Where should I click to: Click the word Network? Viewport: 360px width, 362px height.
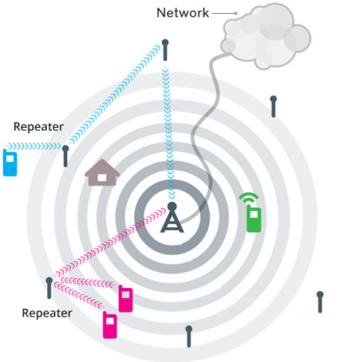coord(183,12)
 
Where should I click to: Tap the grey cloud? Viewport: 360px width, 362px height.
coord(266,36)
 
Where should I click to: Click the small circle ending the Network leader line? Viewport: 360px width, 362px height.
coord(235,13)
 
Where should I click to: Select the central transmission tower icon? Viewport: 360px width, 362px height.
coord(172,217)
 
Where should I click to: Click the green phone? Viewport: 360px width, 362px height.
coord(254,219)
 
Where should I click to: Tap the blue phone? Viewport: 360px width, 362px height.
coord(10,163)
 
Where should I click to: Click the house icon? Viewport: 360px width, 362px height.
coord(102,173)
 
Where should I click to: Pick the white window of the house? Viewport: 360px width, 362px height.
coord(102,177)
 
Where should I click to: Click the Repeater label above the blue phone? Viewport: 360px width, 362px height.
coord(39,126)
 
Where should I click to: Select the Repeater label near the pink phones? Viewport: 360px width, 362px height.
coord(47,313)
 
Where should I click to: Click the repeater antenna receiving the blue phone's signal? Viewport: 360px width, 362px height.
coord(66,156)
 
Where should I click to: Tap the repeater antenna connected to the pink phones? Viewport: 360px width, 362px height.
coord(49,288)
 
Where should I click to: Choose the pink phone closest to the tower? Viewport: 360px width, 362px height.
coord(126,299)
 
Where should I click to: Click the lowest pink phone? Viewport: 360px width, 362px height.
coord(110,325)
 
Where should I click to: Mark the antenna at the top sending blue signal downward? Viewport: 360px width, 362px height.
coord(165,50)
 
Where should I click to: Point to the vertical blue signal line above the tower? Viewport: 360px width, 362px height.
coord(168,132)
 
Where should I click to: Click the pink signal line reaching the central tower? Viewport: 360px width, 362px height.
coord(110,243)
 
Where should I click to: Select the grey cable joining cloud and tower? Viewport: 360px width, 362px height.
coord(206,133)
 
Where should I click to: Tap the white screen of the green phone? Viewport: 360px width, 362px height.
coord(254,214)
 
